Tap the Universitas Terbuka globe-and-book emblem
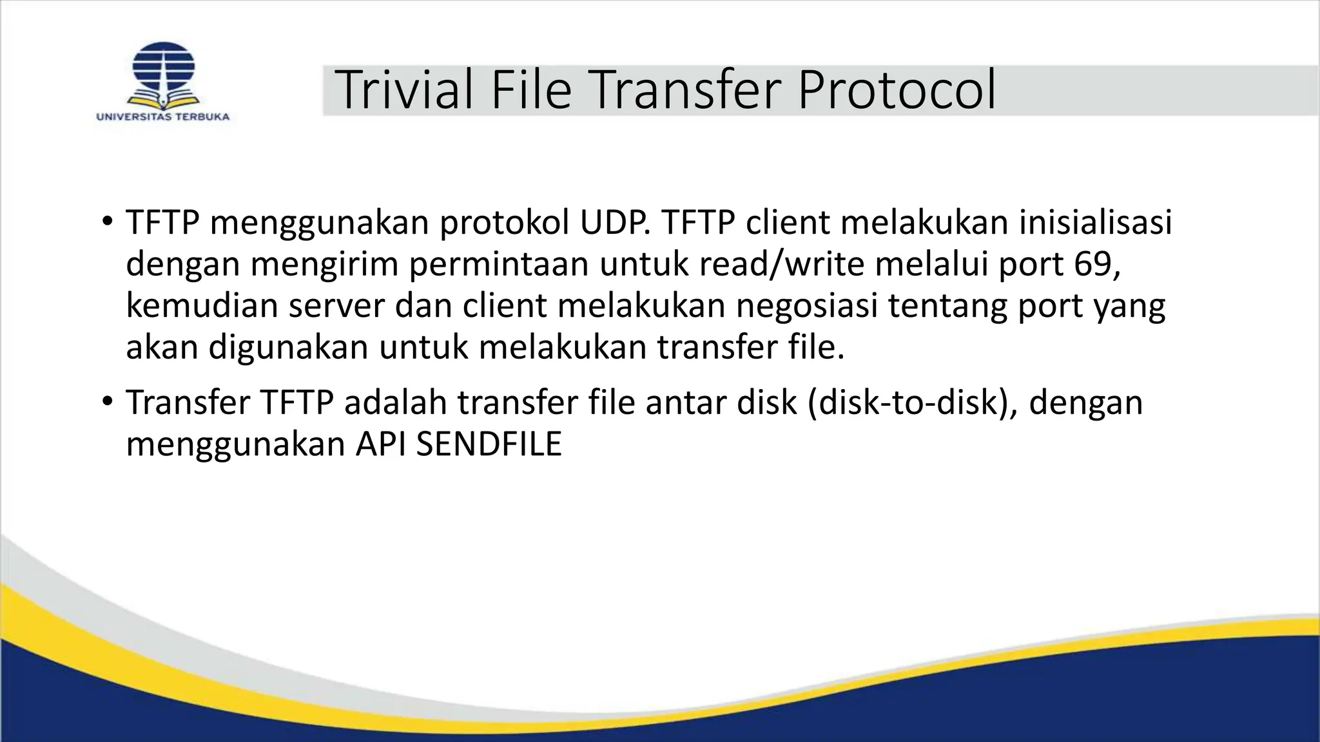pos(163,75)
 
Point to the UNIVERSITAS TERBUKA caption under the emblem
pos(163,117)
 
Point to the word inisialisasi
pos(1095,223)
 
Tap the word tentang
pos(948,305)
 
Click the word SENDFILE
pos(489,444)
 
